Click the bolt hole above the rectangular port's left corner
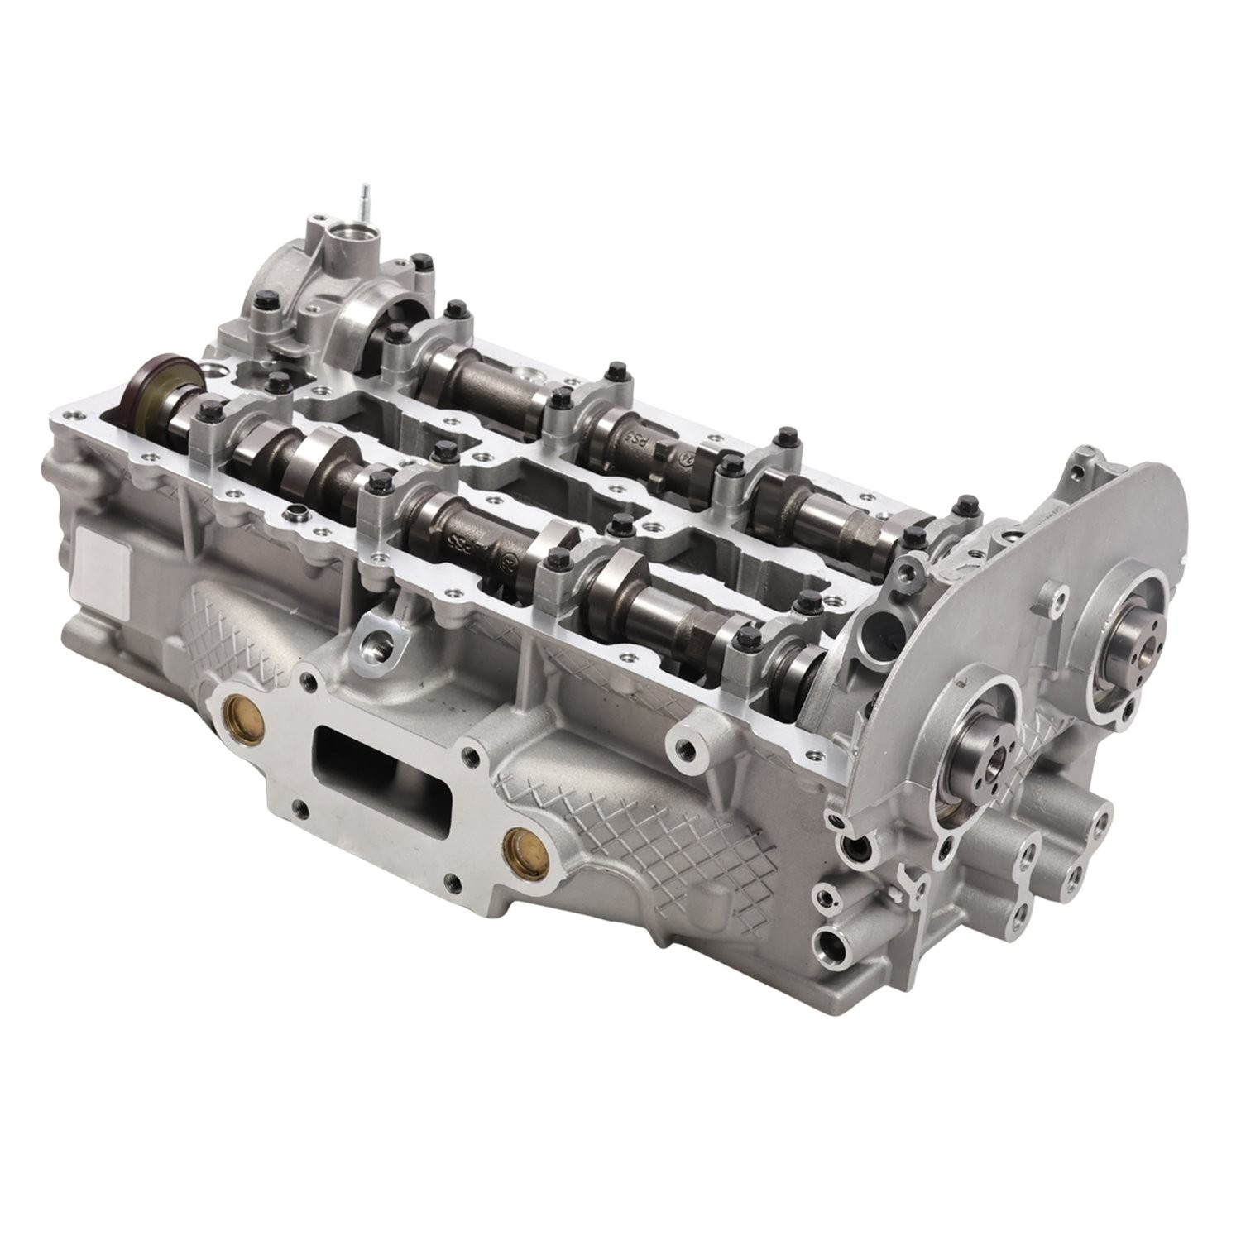(x=311, y=680)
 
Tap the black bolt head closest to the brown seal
(x=213, y=409)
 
